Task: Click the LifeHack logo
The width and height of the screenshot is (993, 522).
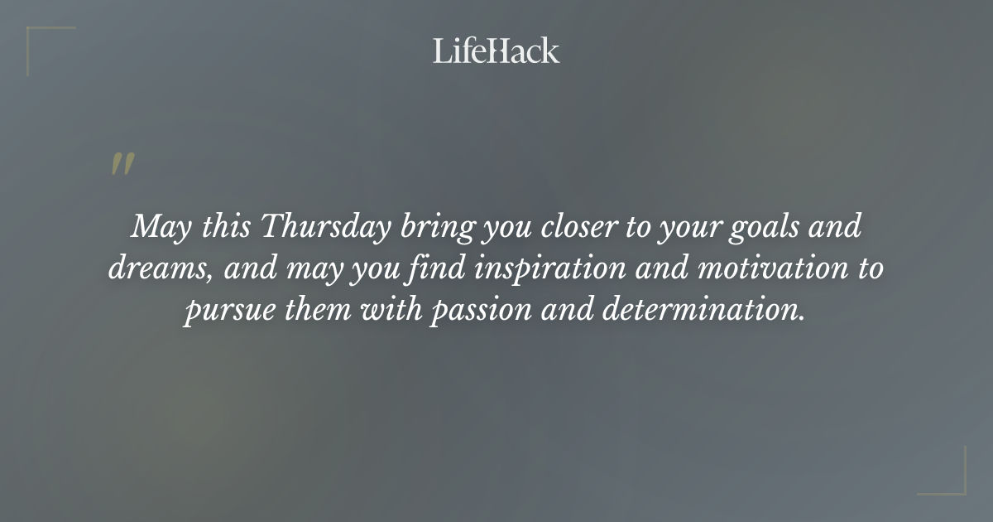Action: pos(496,51)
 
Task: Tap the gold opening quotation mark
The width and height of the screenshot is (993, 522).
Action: pos(122,165)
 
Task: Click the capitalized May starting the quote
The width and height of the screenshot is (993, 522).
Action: pos(157,227)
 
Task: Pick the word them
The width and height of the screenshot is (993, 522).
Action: pos(314,312)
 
